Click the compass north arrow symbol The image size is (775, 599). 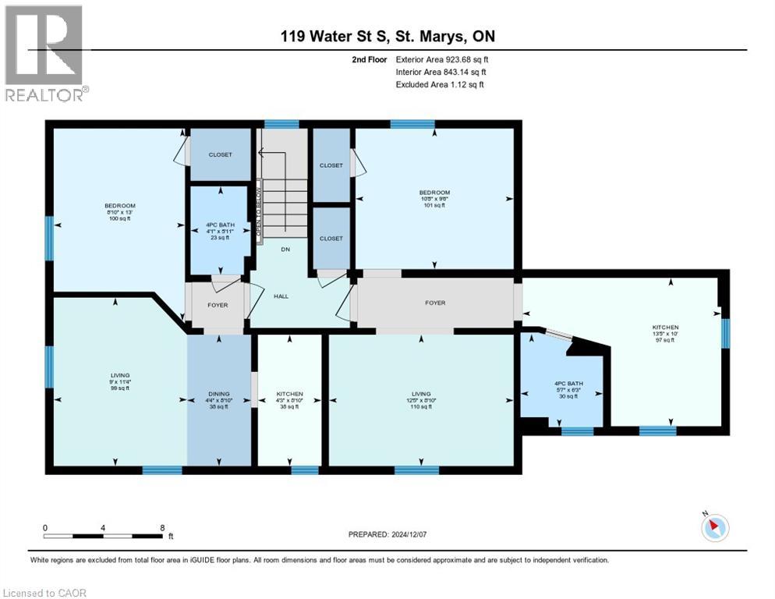pos(714,529)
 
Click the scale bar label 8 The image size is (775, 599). pos(161,526)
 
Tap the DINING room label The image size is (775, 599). pos(219,394)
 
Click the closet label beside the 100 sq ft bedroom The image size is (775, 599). pos(220,154)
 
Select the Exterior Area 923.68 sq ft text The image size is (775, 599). pos(443,59)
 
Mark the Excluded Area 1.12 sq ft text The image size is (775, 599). pos(440,84)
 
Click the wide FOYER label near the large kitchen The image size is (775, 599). pos(435,303)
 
